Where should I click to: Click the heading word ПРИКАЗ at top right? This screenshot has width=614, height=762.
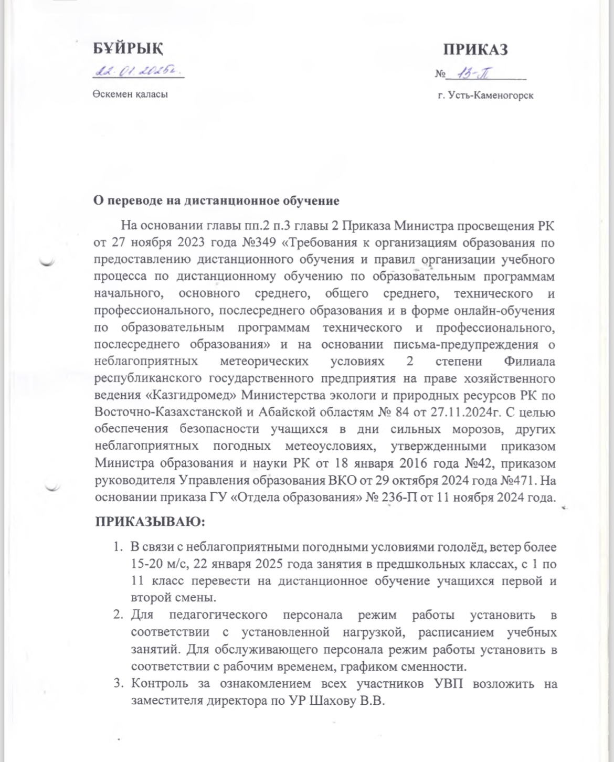tap(475, 49)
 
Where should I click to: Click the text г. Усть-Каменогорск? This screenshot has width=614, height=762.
tap(485, 96)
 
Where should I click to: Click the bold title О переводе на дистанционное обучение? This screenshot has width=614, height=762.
tap(216, 200)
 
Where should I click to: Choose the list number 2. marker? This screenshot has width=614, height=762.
tap(118, 615)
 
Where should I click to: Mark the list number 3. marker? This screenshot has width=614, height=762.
tap(118, 684)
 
